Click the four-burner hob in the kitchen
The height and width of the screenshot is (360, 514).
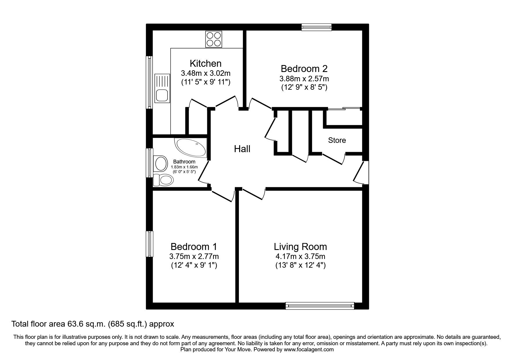[214, 39]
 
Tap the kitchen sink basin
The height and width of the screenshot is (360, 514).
[161, 95]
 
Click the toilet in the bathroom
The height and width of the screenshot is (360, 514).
[163, 180]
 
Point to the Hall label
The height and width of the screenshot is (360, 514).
[242, 149]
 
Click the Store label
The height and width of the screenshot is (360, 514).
[337, 140]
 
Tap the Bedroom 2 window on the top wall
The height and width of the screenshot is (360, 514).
[316, 27]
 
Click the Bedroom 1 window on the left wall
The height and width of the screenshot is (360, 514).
[149, 244]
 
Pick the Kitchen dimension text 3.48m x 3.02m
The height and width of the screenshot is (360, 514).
[205, 73]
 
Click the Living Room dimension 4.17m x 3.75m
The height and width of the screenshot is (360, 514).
[300, 256]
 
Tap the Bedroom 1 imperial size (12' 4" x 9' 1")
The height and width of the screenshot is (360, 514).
[194, 265]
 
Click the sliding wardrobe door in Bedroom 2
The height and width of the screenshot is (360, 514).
[344, 109]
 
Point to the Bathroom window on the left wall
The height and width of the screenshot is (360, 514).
[149, 163]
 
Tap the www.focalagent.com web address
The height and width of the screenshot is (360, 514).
[309, 350]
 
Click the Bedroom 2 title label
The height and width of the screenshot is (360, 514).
[304, 69]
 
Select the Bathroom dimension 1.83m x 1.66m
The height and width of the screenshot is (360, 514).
[184, 167]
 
